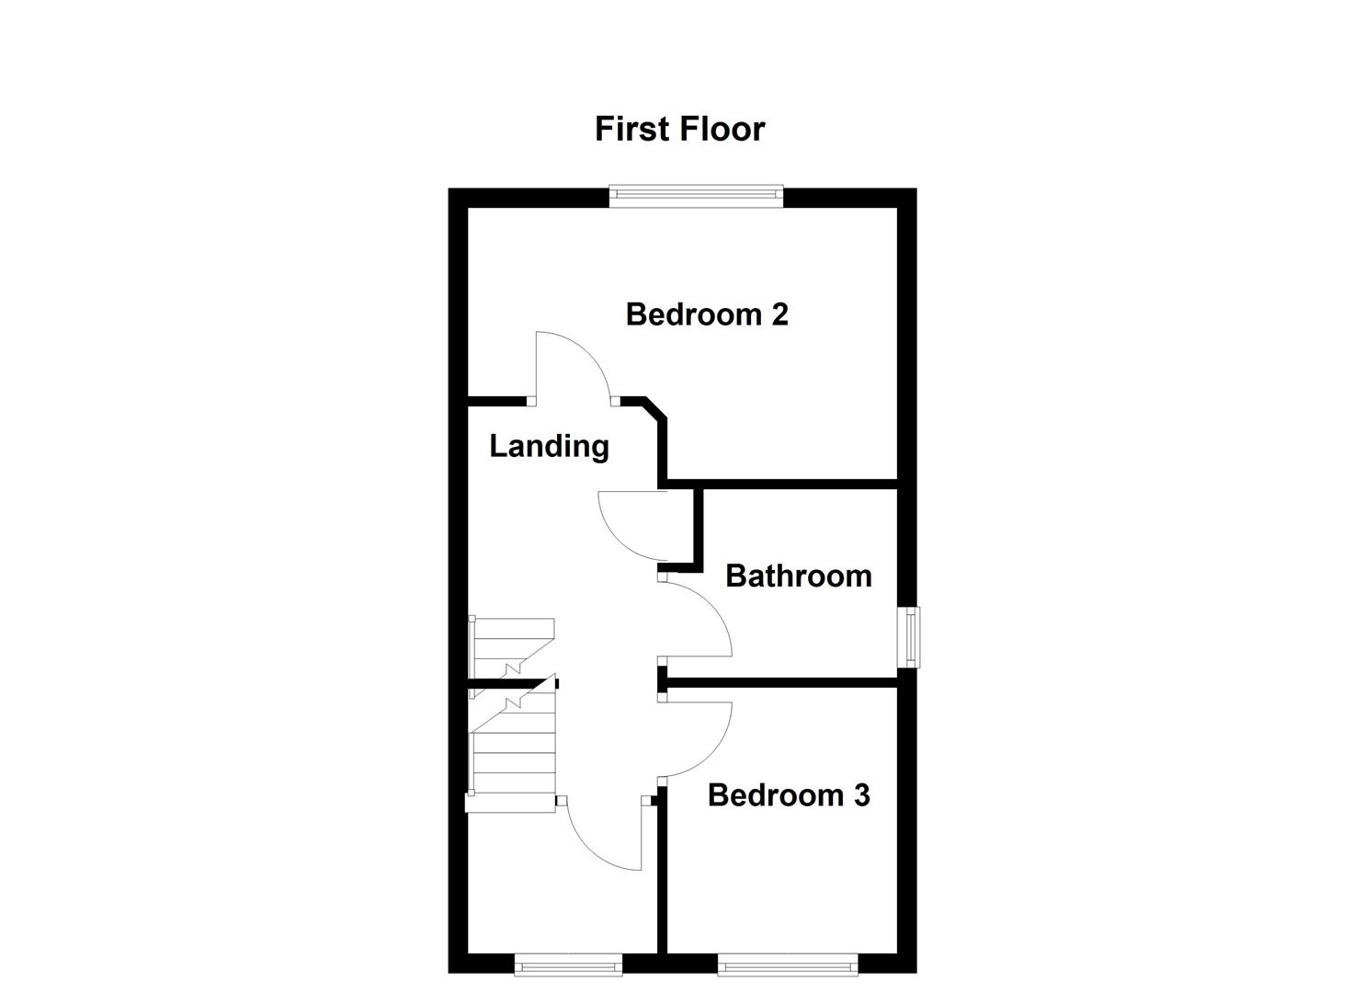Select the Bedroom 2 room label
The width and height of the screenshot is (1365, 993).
click(x=706, y=314)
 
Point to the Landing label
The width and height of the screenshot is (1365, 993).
click(x=549, y=446)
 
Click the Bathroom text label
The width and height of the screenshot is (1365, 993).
click(x=798, y=576)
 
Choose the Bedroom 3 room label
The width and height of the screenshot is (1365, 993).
click(x=788, y=795)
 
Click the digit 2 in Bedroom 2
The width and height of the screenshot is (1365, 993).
click(x=779, y=314)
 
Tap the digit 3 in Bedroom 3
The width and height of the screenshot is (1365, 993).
click(x=860, y=795)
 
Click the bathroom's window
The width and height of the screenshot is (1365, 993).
click(x=910, y=636)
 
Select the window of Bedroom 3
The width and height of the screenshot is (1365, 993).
click(x=787, y=964)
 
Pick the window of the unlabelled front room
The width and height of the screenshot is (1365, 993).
click(x=568, y=964)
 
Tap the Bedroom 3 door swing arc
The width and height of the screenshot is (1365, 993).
click(x=708, y=740)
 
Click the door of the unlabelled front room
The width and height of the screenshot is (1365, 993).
click(x=597, y=841)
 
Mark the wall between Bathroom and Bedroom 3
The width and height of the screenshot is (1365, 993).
click(x=781, y=682)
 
